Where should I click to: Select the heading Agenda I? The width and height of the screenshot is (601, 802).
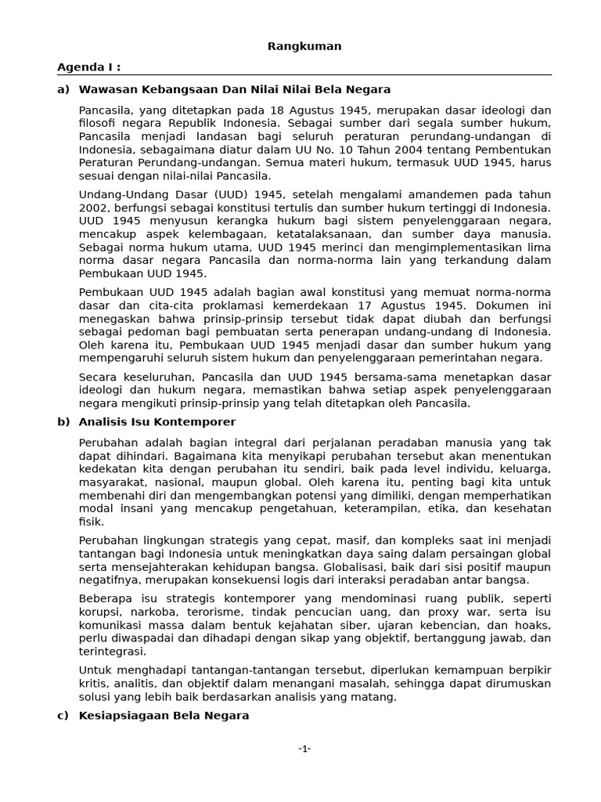89,67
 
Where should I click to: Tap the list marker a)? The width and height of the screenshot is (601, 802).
63,89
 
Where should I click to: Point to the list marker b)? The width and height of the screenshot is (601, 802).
63,422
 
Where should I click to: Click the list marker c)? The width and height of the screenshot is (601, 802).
63,716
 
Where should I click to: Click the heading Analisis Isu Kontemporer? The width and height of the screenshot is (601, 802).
157,422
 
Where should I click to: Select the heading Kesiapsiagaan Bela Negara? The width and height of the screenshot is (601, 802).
164,716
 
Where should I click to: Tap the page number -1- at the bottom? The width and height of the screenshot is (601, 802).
304,749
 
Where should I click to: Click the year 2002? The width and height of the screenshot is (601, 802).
92,208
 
